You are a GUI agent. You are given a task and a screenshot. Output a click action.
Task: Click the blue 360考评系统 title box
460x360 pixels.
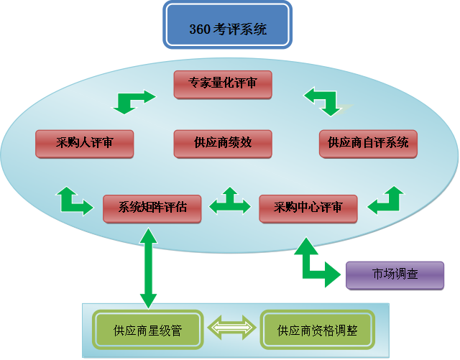(x=227, y=28)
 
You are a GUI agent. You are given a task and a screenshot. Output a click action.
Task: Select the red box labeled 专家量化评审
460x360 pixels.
(x=223, y=83)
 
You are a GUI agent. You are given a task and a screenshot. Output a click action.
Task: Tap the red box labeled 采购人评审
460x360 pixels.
(x=84, y=143)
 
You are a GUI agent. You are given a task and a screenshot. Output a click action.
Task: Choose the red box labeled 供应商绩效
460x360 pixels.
(x=223, y=143)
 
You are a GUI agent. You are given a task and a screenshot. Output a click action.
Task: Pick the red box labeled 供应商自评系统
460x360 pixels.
(x=368, y=143)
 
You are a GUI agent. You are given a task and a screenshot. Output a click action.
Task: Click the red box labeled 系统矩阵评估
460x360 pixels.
(x=152, y=208)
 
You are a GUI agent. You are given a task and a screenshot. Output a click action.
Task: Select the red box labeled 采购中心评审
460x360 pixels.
(x=308, y=208)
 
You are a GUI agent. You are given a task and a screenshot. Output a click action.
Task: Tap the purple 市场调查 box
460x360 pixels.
(x=395, y=274)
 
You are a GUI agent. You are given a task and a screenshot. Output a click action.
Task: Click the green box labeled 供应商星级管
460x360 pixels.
(x=147, y=331)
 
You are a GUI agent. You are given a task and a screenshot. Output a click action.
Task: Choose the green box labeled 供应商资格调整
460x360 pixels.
(x=317, y=331)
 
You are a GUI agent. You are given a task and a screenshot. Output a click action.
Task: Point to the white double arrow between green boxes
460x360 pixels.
(x=231, y=330)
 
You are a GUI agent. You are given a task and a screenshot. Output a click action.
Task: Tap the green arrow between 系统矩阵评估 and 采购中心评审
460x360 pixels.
(x=230, y=203)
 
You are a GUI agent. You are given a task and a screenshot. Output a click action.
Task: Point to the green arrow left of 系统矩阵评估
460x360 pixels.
(x=74, y=201)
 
